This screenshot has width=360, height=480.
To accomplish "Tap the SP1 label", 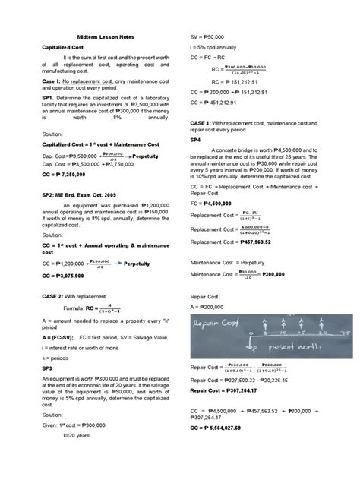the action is pos(47,98).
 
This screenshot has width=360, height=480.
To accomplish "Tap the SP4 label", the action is pos(195,140).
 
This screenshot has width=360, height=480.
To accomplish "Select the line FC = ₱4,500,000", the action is pos(215,204).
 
